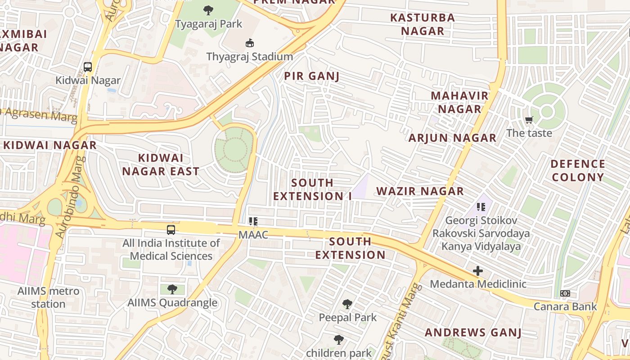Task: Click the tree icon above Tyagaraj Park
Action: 208,10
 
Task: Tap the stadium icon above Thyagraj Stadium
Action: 249,43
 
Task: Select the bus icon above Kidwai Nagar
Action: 88,67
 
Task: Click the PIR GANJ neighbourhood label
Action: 311,76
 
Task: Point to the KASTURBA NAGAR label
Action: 422,24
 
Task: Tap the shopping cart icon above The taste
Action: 529,120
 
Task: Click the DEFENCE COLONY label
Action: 578,170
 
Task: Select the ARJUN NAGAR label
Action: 452,138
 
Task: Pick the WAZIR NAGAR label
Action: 420,191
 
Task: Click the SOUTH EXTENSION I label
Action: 312,189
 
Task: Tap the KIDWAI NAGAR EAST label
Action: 161,164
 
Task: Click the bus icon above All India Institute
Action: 171,229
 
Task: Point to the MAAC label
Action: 253,234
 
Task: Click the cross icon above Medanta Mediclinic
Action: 477,271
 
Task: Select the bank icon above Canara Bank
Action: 565,293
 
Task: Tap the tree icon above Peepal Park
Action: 347,304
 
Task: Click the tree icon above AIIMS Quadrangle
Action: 172,289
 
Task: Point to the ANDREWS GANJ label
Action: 473,333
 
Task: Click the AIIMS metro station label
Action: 48,297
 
